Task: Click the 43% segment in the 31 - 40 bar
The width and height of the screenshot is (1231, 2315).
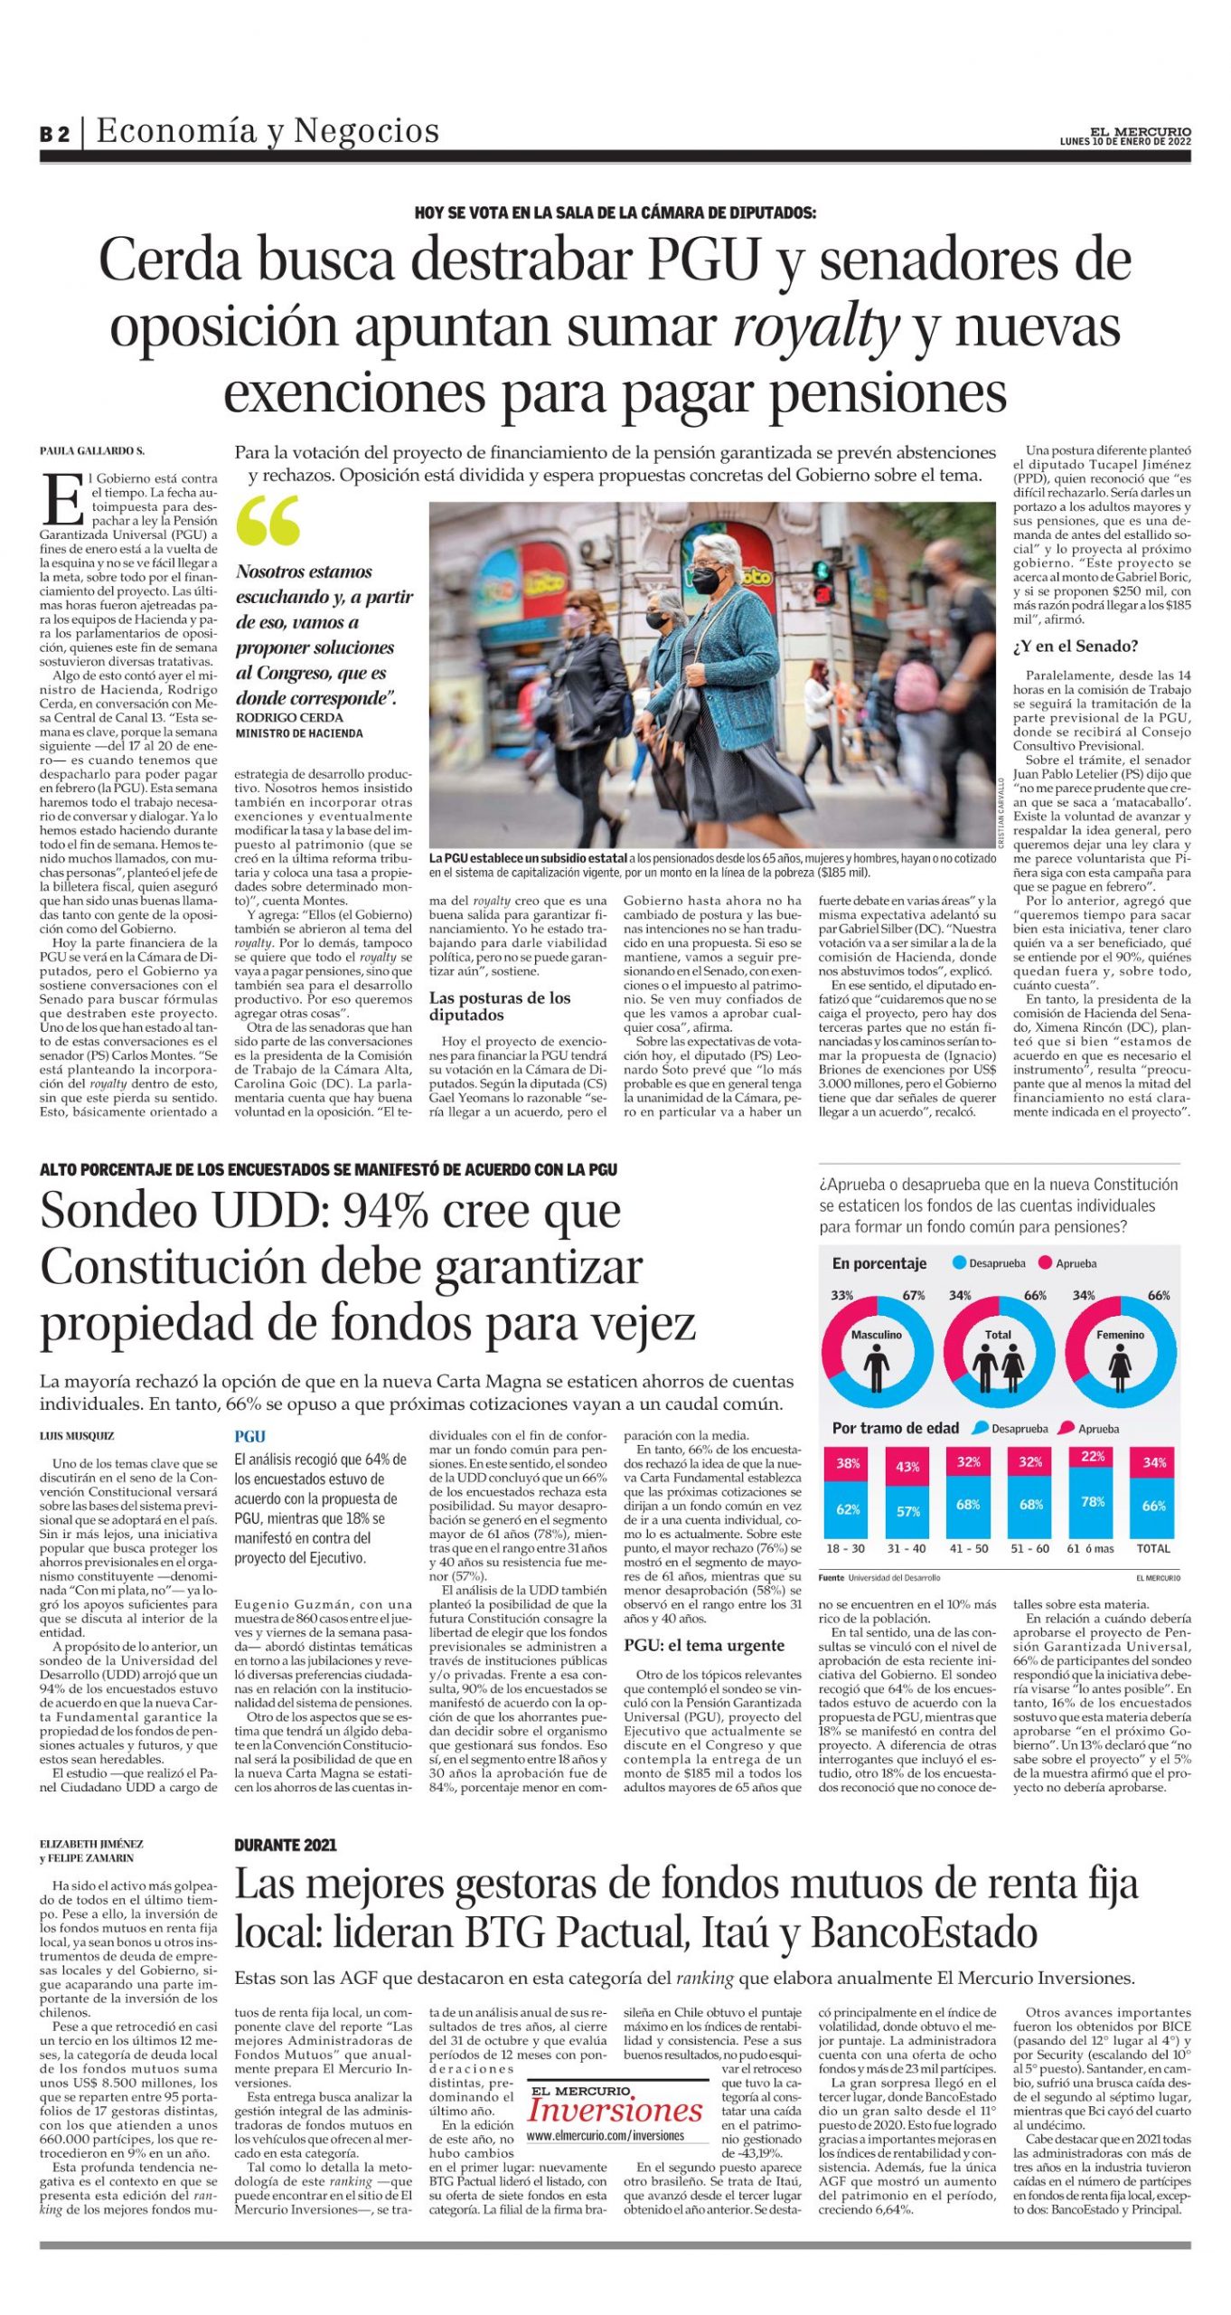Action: pos(907,1466)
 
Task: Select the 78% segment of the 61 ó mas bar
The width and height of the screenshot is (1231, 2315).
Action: pos(1092,1502)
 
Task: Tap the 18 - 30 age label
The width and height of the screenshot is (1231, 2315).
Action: pos(846,1548)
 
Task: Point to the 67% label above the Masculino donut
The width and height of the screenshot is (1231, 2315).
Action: pos(913,1295)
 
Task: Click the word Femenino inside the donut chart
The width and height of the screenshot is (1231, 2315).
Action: pos(1120,1334)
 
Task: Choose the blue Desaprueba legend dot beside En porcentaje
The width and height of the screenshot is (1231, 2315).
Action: pos(959,1263)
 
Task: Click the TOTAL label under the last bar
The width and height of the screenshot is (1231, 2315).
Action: pos(1153,1548)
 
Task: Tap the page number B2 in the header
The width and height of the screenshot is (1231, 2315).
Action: pos(54,134)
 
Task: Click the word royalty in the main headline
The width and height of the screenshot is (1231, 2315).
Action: pos(815,326)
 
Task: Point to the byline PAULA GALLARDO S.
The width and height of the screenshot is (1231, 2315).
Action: pos(91,451)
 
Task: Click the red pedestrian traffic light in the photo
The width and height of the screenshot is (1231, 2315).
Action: pos(822,594)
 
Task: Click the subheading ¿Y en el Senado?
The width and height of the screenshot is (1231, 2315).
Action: pos(1075,647)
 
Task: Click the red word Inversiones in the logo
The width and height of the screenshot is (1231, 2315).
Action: pos(615,2111)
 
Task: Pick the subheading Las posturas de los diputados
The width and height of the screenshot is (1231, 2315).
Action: pos(499,1006)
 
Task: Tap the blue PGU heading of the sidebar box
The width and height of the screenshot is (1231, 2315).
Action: pos(250,1436)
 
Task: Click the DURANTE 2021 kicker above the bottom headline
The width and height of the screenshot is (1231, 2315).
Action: pos(285,1845)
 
